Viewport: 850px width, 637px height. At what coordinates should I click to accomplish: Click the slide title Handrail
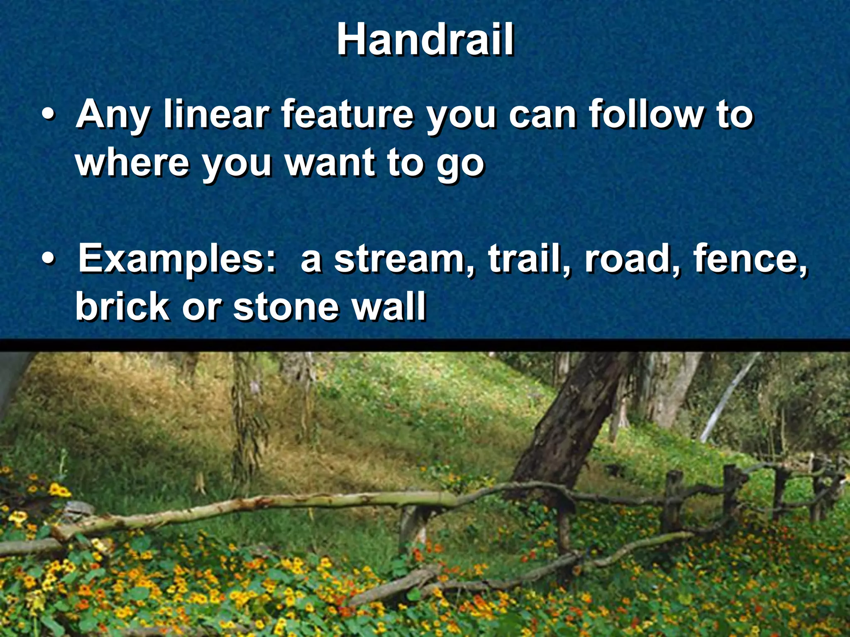[425, 40]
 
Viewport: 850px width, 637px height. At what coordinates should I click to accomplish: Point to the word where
[132, 163]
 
